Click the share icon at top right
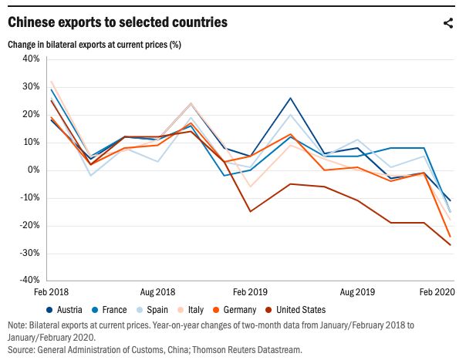(448, 22)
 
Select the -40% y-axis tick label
(29, 281)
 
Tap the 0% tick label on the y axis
(33, 170)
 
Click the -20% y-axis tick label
(29, 225)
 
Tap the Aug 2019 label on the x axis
(357, 293)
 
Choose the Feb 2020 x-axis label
(436, 293)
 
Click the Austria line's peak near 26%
(290, 98)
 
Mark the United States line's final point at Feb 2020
(451, 245)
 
